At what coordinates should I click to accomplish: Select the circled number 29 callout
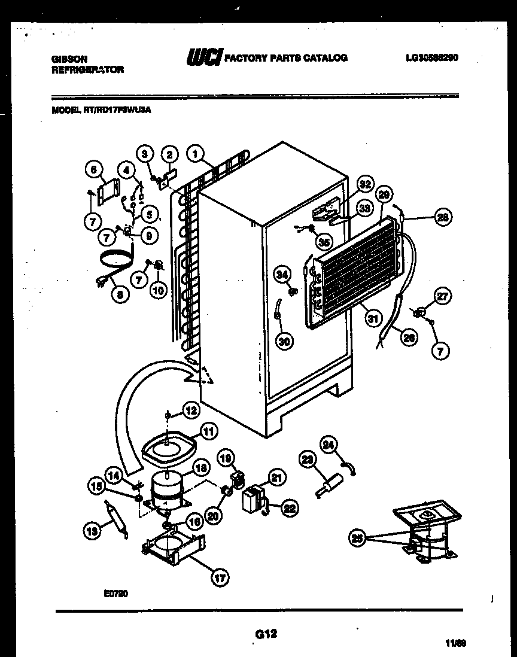tap(385, 194)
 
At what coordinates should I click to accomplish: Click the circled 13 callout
tap(91, 529)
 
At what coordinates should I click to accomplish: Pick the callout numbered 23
tap(307, 460)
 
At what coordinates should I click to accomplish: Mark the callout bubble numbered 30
tap(284, 341)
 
